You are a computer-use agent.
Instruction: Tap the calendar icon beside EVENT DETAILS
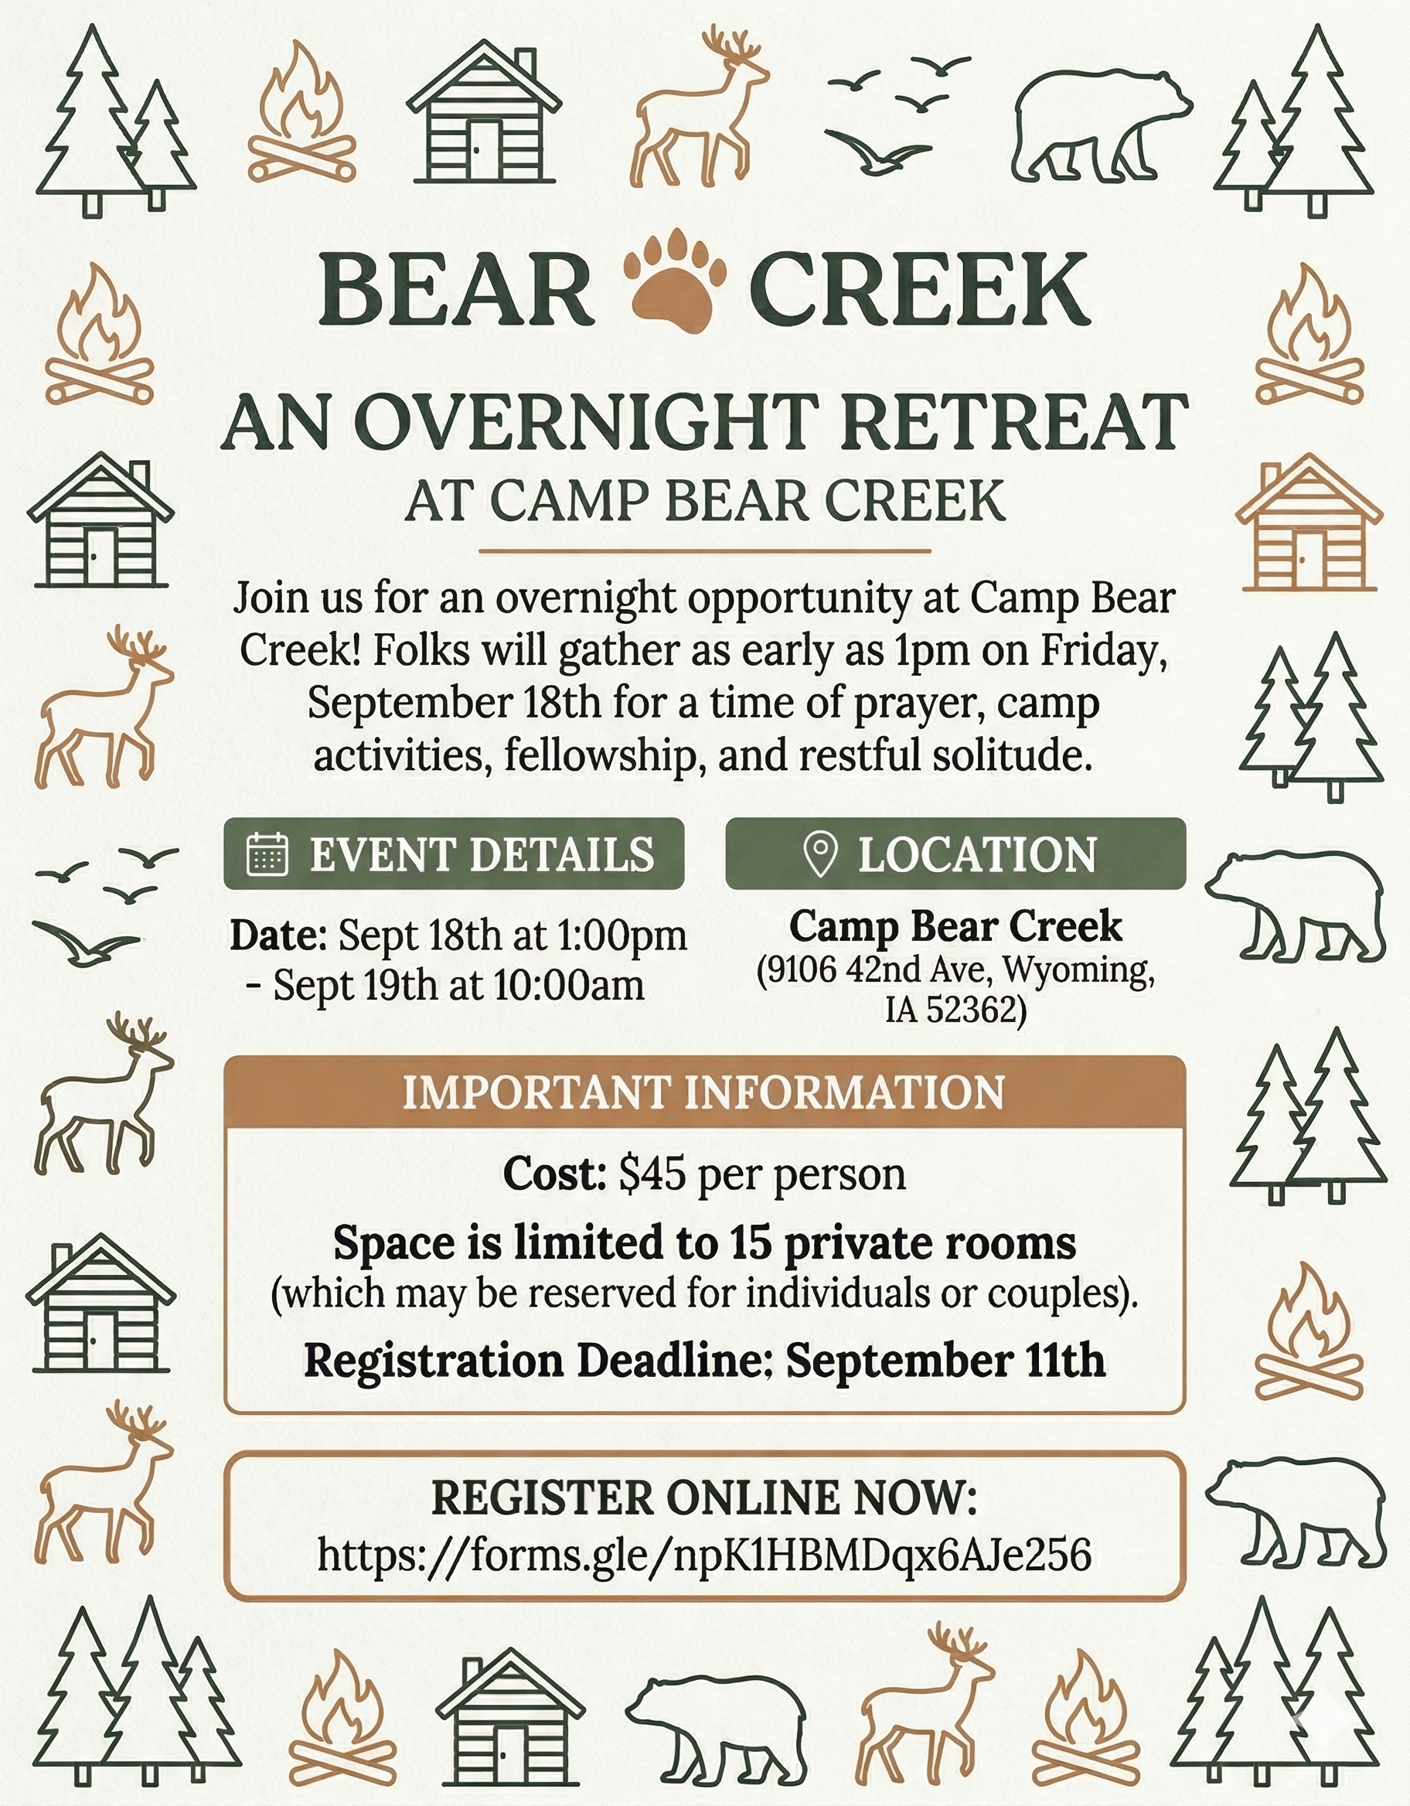[x=268, y=854]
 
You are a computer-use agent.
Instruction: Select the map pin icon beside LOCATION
[x=820, y=854]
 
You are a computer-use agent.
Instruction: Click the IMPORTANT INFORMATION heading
[x=703, y=1092]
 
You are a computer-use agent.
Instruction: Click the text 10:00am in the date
[x=570, y=985]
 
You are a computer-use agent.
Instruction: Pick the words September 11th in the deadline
[x=946, y=1360]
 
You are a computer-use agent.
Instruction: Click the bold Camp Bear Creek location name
[x=956, y=926]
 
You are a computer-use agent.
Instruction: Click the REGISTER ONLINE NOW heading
[x=704, y=1498]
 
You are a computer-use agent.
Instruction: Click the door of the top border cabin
[x=483, y=152]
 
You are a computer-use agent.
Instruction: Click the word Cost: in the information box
[x=554, y=1174]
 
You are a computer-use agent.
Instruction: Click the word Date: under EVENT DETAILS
[x=279, y=936]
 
